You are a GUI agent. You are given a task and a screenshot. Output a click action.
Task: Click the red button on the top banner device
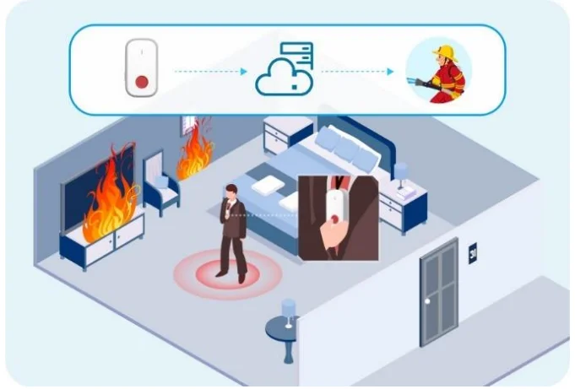pyautogui.click(x=142, y=82)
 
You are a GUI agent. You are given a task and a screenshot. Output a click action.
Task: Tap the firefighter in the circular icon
pyautogui.click(x=439, y=73)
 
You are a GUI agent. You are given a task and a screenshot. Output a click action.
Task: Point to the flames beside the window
pyautogui.click(x=196, y=150)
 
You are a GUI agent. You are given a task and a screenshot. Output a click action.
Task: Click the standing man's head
pyautogui.click(x=231, y=193)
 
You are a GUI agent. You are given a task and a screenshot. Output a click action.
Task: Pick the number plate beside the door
pyautogui.click(x=473, y=251)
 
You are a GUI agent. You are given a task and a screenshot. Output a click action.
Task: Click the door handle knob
pyautogui.click(x=428, y=302)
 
